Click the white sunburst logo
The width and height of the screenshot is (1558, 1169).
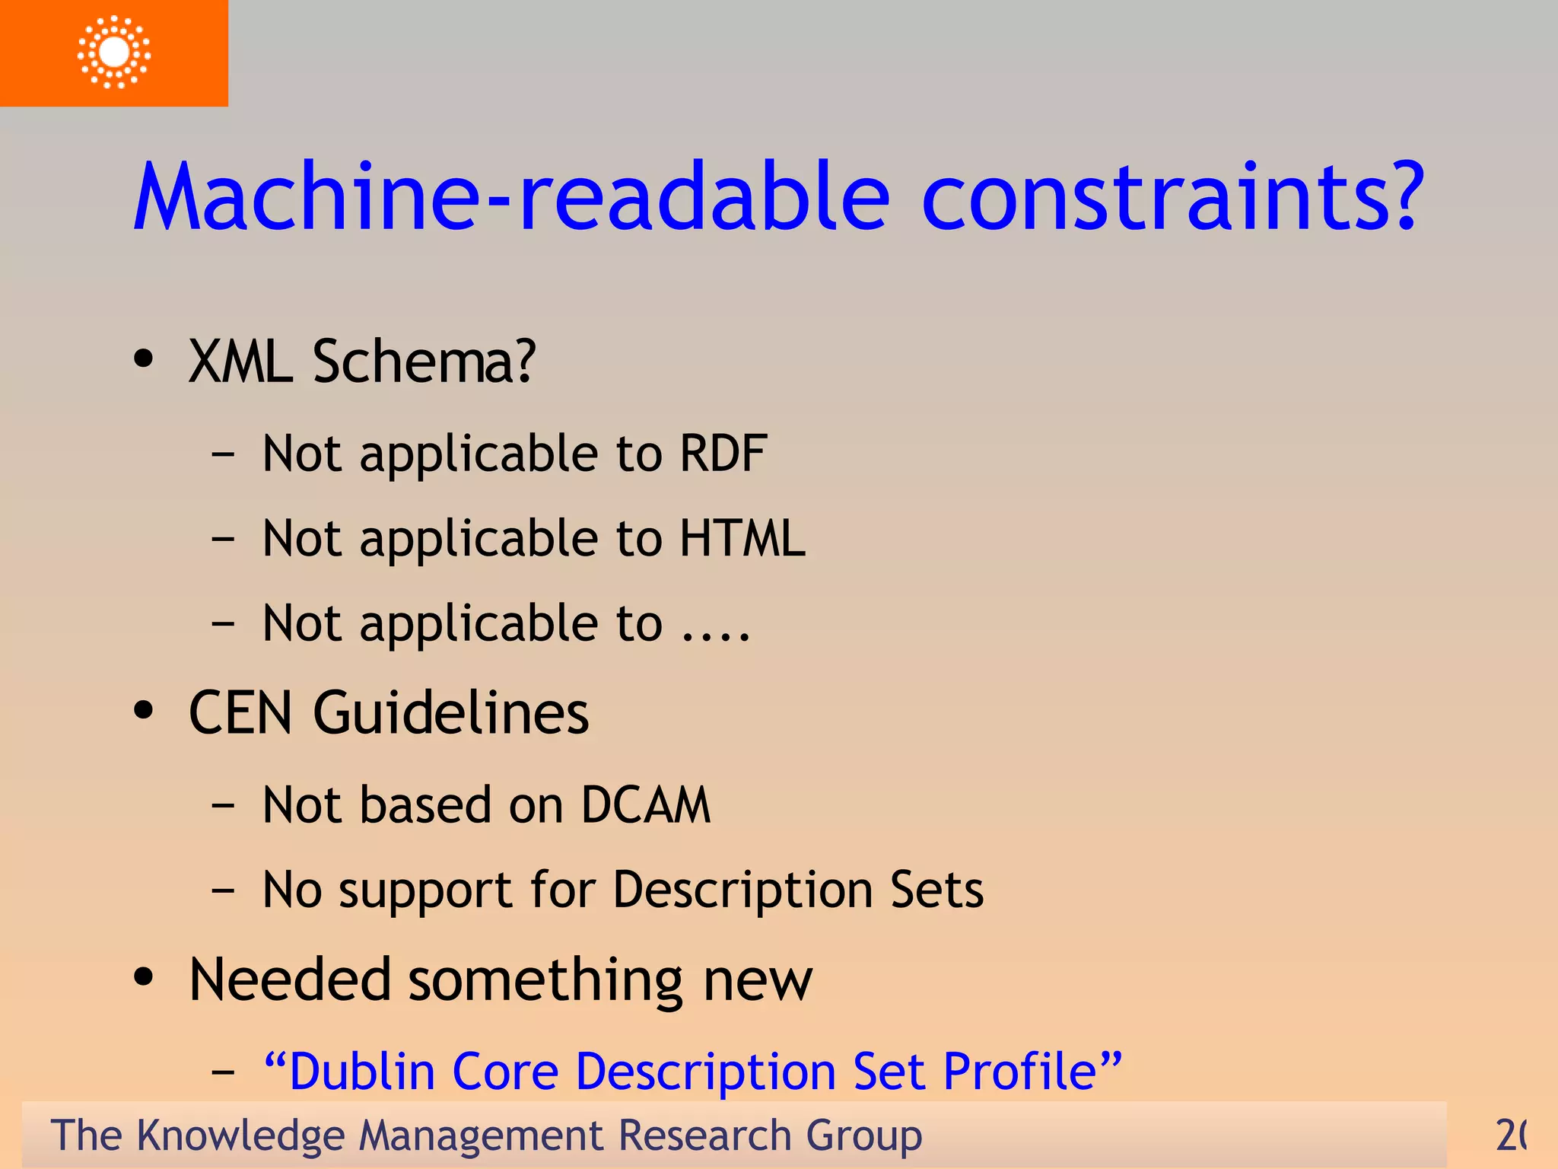(x=114, y=52)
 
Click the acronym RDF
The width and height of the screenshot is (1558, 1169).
(x=723, y=454)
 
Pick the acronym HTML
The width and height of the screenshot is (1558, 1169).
(x=742, y=538)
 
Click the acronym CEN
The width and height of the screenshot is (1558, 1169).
(x=240, y=713)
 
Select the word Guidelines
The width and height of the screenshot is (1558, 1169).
(x=450, y=713)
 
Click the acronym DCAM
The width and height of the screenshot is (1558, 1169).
(x=646, y=805)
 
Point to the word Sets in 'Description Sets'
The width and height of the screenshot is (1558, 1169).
(x=936, y=890)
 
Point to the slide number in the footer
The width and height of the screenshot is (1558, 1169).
(x=1511, y=1135)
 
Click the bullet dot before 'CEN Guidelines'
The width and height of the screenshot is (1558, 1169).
(x=143, y=711)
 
